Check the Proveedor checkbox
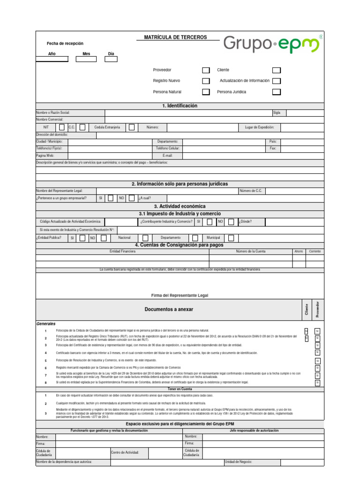pyautogui.click(x=206, y=70)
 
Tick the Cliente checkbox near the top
pyautogui.click(x=277, y=70)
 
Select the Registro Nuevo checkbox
pyautogui.click(x=206, y=81)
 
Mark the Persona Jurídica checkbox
pyautogui.click(x=277, y=92)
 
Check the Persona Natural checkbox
pyautogui.click(x=206, y=92)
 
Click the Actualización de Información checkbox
pyautogui.click(x=277, y=81)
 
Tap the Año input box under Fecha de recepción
pyautogui.click(x=52, y=59)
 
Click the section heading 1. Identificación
pyautogui.click(x=180, y=106)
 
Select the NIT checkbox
pyautogui.click(x=62, y=127)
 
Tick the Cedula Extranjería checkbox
pyautogui.click(x=132, y=127)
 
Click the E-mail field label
pyautogui.click(x=167, y=155)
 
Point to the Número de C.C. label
pyautogui.click(x=251, y=191)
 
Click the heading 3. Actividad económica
pyautogui.click(x=180, y=206)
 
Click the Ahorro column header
pyautogui.click(x=299, y=252)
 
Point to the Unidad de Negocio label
pyautogui.click(x=239, y=462)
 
